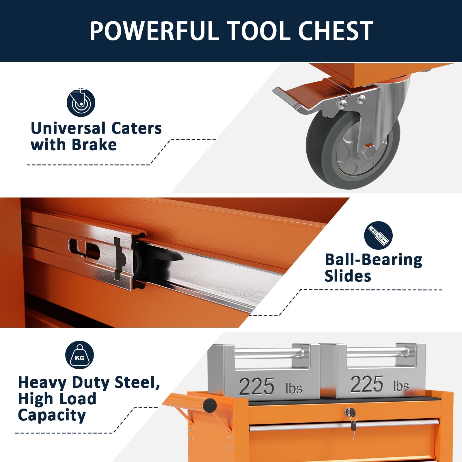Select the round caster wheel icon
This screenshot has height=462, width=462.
point(81,103)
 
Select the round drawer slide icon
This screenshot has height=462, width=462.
point(378,236)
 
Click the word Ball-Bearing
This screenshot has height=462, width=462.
point(373,260)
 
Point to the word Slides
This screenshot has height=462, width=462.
point(348,276)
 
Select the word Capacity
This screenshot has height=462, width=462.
point(52,416)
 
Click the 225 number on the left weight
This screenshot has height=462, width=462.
point(257,386)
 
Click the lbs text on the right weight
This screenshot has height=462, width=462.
point(401,386)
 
